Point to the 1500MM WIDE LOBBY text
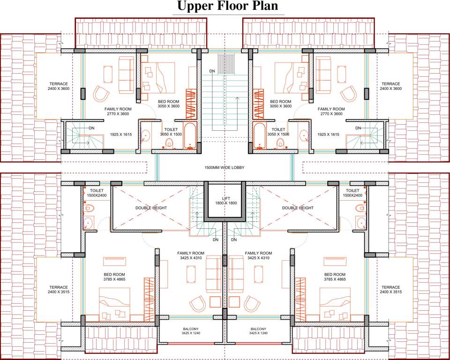click(225, 167)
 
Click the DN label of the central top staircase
click(212, 71)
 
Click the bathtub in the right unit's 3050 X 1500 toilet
click(259, 135)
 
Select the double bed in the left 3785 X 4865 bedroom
click(114, 303)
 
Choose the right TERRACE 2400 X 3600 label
click(390, 86)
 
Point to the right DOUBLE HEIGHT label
click(298, 208)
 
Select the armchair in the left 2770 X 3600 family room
click(100, 94)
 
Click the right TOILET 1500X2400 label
click(352, 193)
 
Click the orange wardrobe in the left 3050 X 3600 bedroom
click(190, 103)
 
